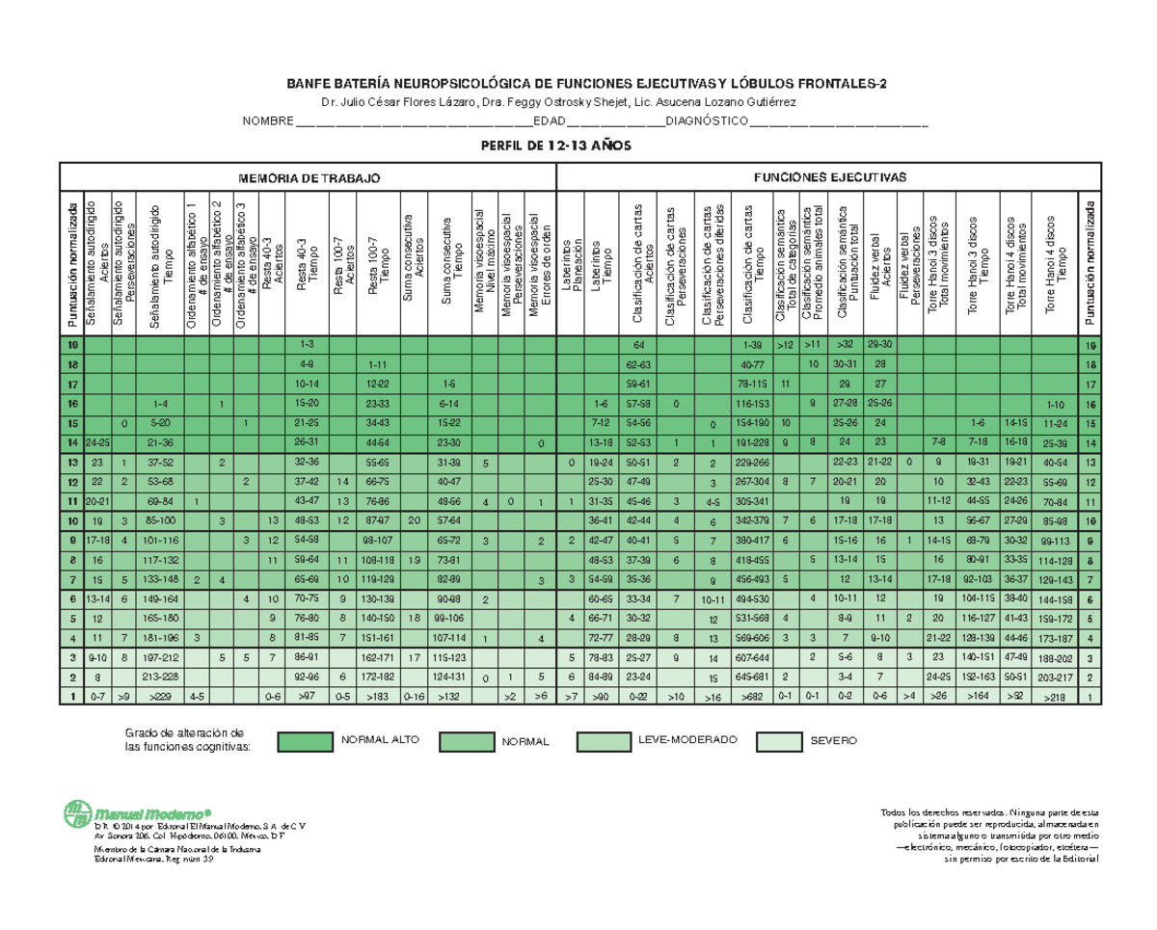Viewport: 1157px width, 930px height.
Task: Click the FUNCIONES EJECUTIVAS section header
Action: (x=830, y=178)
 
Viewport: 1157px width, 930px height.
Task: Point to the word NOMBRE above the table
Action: (x=267, y=122)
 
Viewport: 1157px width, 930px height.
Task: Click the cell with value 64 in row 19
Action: (x=638, y=345)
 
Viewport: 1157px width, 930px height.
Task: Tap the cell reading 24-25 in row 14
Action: (x=96, y=442)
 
